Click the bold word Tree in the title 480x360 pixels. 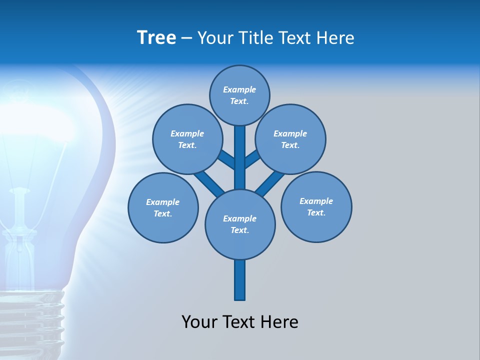click(156, 37)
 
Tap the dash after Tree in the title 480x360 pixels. click(186, 38)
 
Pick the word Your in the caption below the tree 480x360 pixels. click(199, 322)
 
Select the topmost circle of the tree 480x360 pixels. click(239, 95)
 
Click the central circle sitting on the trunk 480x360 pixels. click(240, 224)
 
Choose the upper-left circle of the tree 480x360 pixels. click(187, 139)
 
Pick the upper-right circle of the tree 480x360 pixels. click(290, 139)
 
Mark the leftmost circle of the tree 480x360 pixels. click(163, 207)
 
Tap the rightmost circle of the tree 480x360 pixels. click(316, 206)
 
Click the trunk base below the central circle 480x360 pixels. click(240, 280)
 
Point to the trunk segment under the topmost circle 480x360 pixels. click(240, 150)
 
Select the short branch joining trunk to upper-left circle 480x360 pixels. click(226, 159)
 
